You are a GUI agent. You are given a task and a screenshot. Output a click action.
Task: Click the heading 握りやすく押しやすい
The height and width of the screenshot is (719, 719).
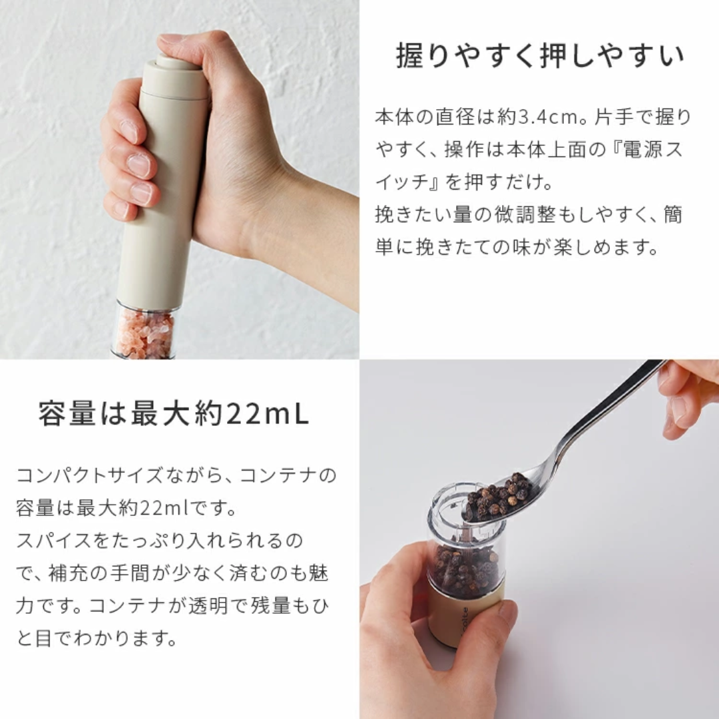(x=539, y=56)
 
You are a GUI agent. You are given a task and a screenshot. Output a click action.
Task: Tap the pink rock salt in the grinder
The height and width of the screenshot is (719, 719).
(x=145, y=332)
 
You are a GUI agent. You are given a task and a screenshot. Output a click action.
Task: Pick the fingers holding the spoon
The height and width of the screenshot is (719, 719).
(x=686, y=399)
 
